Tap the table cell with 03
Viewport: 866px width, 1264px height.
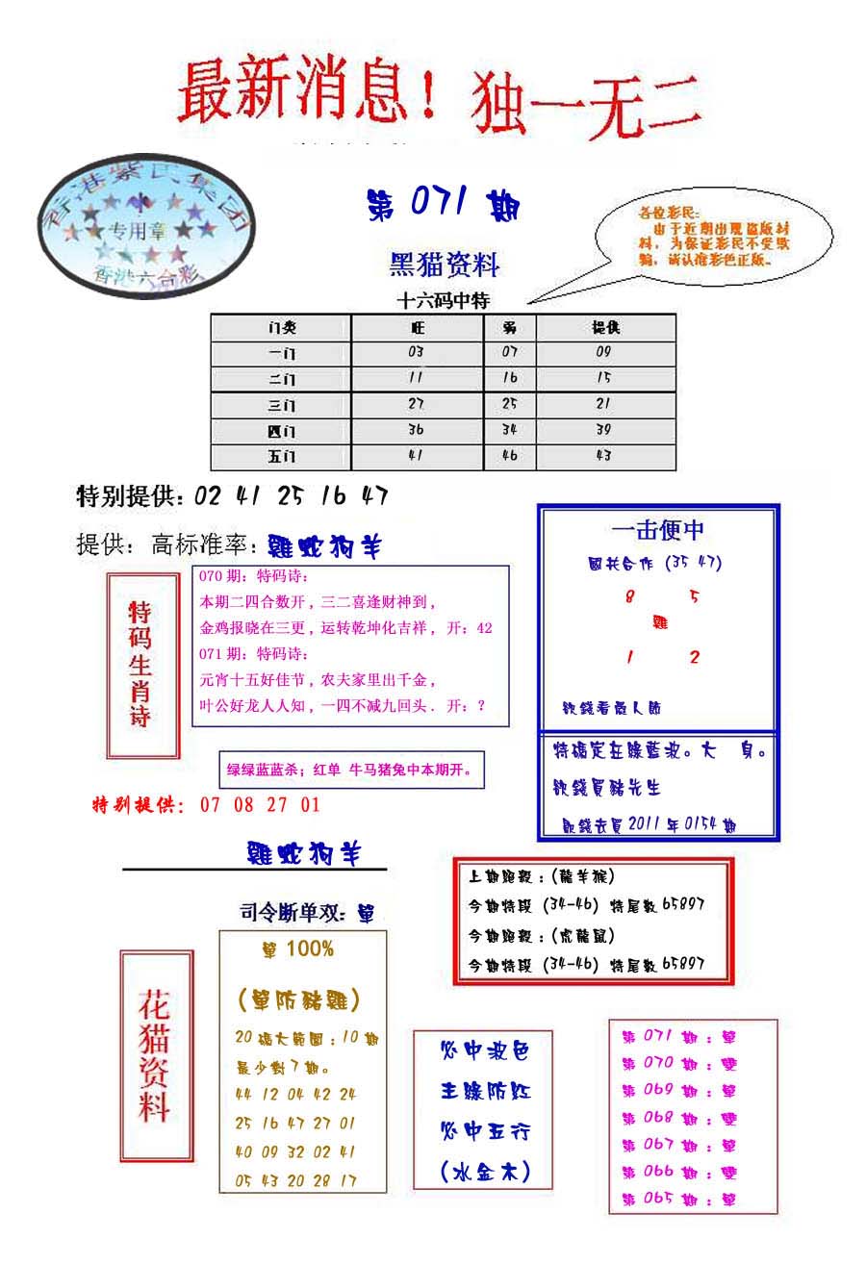point(416,352)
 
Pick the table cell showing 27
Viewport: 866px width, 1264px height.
point(416,404)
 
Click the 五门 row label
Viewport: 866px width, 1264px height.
point(282,457)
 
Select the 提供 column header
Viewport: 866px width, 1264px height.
point(605,327)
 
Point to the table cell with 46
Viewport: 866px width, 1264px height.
point(509,457)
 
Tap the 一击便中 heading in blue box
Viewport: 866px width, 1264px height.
point(658,529)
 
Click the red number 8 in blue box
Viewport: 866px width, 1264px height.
point(630,596)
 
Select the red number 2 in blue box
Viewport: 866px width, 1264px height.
point(694,658)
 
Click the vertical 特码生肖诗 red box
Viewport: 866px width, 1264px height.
point(141,665)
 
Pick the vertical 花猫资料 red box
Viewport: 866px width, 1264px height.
point(155,1055)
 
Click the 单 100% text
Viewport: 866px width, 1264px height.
point(298,949)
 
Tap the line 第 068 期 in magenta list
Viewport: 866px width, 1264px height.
point(678,1118)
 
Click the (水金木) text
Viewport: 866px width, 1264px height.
point(484,1172)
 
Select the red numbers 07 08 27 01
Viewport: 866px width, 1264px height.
point(260,805)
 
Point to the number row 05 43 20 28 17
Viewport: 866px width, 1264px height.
point(295,1180)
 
